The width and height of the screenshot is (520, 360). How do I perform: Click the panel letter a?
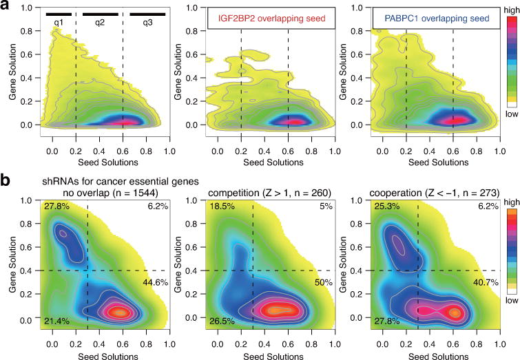coord(6,6)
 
